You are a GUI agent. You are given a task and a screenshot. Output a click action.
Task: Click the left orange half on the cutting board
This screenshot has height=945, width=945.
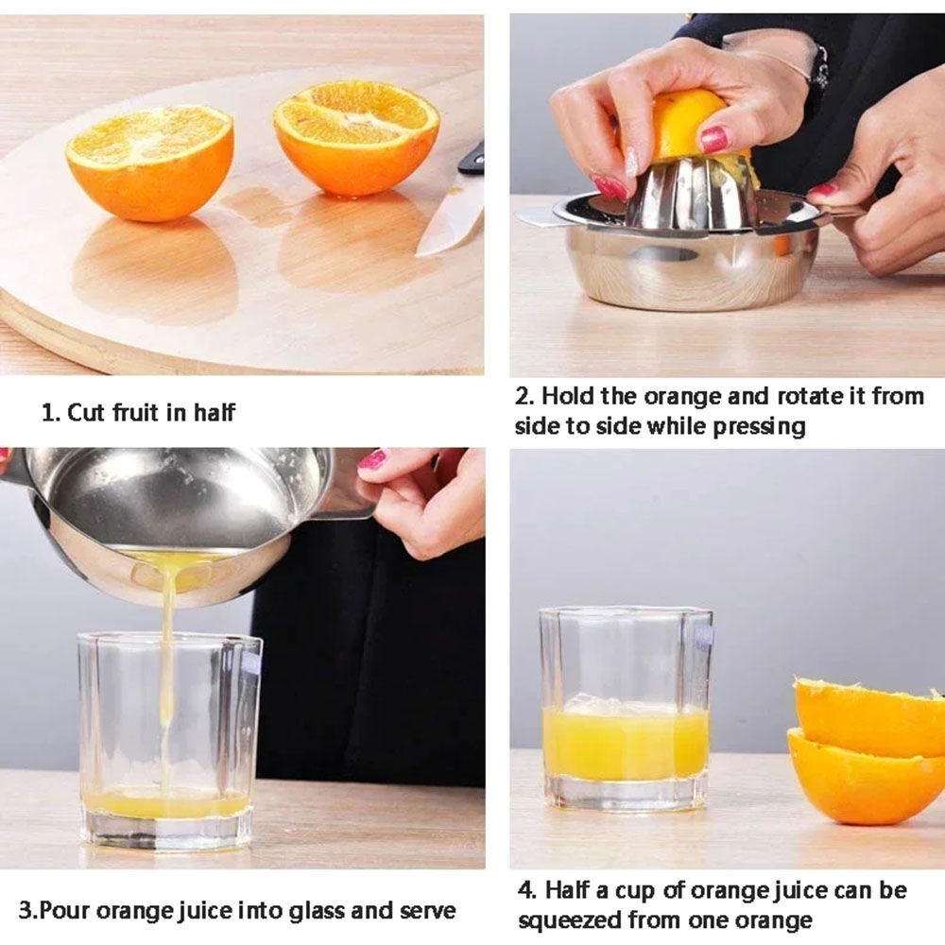tap(149, 162)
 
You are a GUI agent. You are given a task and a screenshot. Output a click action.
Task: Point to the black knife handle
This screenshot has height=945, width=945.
tap(472, 158)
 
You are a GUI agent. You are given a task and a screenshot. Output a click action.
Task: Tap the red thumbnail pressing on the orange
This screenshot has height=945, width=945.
tap(714, 139)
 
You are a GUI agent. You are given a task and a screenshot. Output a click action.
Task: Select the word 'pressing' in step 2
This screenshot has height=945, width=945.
tap(760, 427)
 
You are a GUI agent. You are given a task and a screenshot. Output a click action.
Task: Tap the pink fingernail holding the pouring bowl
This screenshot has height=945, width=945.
tap(372, 461)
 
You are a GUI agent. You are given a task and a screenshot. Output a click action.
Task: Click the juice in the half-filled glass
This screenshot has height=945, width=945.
tap(626, 744)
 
